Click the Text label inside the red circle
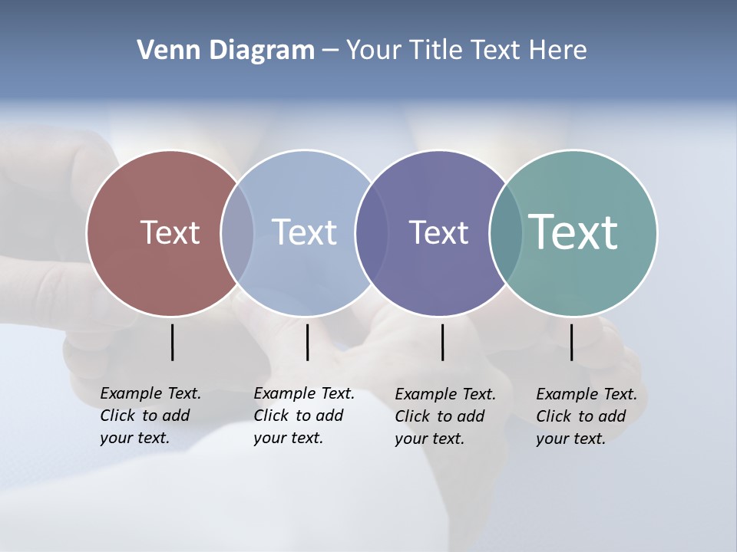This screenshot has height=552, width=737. pos(170,232)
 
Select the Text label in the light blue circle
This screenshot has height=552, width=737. pos(304,232)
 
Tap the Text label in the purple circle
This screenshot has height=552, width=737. pos(438,232)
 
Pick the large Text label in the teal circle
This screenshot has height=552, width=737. pos(573,232)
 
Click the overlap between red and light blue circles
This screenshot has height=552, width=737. pos(237,232)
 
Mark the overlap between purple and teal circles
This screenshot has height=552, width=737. pos(505,232)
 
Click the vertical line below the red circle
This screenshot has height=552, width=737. pos(172,342)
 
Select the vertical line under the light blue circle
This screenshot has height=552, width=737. pos(307,342)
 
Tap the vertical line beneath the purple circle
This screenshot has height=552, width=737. pos(442,342)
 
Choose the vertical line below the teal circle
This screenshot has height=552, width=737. pos(571,342)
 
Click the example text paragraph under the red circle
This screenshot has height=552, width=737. pos(150,416)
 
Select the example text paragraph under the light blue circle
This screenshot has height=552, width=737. pos(303,416)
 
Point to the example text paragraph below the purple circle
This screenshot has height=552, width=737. pos(445,416)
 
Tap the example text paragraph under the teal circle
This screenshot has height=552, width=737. pos(586,416)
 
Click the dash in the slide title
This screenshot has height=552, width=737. pos(329,51)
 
